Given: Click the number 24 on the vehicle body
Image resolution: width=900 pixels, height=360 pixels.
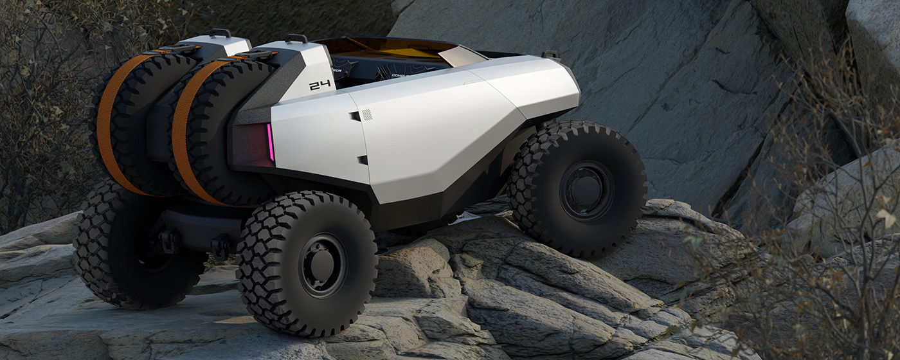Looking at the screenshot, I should pos(319,85).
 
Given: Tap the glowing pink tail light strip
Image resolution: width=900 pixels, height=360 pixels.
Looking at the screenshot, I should pos(271,142).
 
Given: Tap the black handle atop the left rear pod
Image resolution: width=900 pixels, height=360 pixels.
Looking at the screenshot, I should pos(220,33).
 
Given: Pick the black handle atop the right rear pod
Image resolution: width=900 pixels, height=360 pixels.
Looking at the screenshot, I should pos(296,38).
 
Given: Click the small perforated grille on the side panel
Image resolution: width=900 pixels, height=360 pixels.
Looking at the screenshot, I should pos(366,114).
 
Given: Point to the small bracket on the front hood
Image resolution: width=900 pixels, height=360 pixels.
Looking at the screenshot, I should pos(550,55).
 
